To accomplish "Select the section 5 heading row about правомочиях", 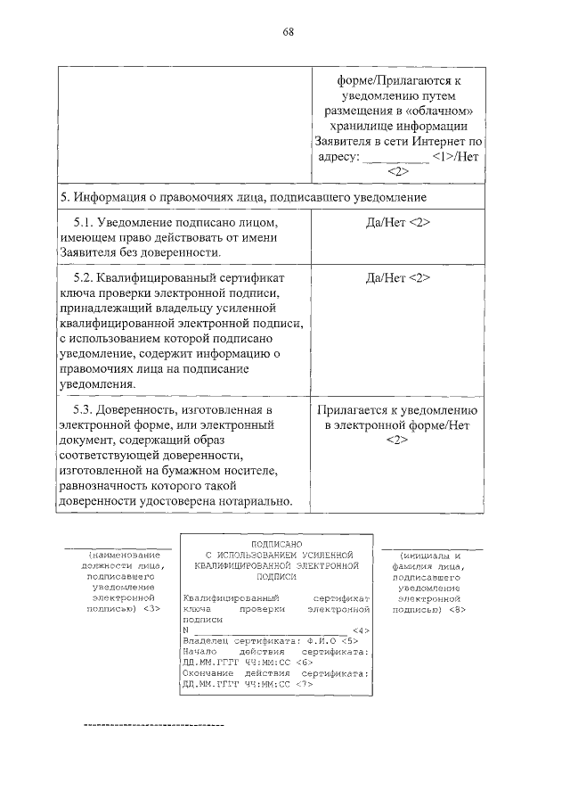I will pos(242,195).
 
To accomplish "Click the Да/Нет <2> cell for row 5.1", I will pos(397,221).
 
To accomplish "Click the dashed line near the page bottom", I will pos(153,725).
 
